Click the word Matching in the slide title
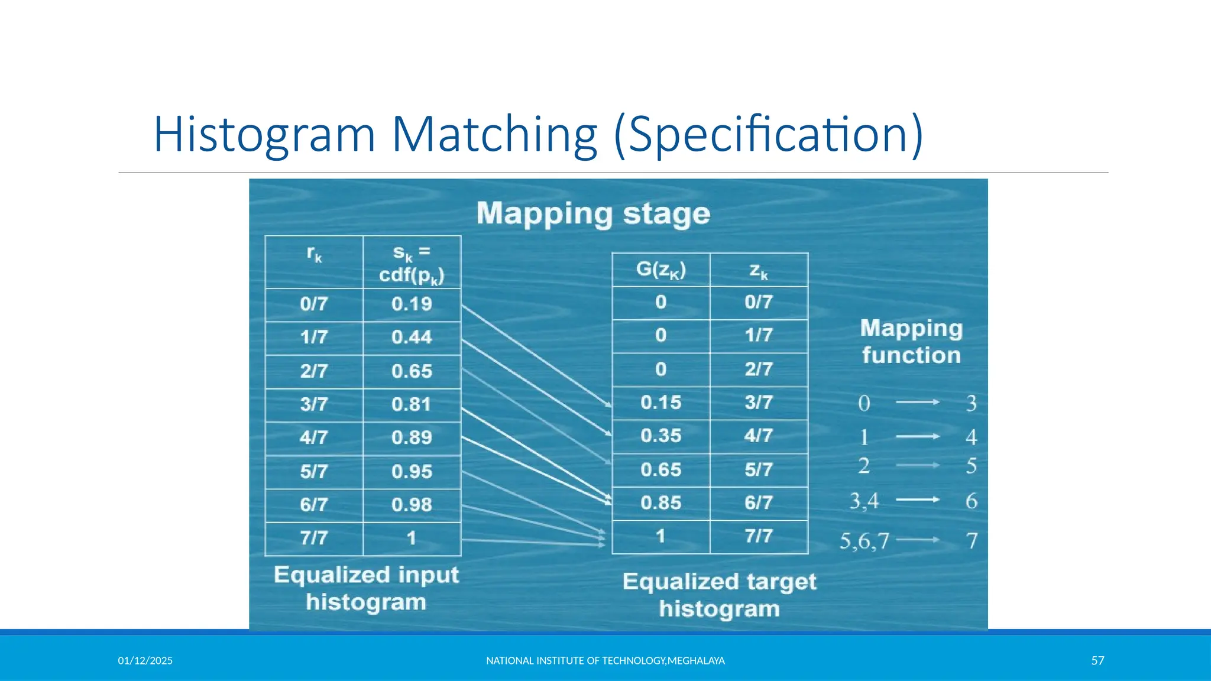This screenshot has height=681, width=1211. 494,135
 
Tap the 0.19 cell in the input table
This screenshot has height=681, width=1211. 412,304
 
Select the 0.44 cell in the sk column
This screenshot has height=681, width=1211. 412,338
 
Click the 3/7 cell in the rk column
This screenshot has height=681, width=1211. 313,404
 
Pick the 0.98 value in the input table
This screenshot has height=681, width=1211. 412,505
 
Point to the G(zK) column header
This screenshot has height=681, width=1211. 660,270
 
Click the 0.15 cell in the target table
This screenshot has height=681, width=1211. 660,403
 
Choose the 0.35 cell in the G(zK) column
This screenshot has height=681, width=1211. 660,436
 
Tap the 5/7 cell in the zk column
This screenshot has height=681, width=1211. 759,470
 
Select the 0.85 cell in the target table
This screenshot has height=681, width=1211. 660,503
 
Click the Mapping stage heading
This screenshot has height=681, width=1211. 593,214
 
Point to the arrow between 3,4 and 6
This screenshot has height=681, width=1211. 917,500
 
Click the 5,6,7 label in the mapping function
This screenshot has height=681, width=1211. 864,541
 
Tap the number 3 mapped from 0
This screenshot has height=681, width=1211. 971,403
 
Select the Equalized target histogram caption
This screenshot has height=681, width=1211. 719,595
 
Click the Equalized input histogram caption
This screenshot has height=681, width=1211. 366,588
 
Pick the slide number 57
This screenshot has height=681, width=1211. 1097,661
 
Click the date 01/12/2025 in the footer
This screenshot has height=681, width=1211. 145,661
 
